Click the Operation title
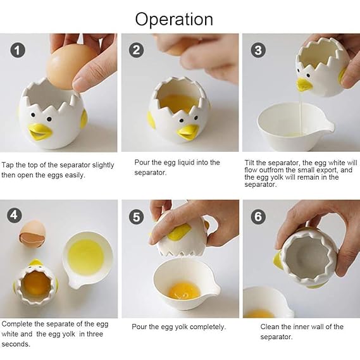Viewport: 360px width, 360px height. tap(174, 20)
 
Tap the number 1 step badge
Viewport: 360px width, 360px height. tap(18, 50)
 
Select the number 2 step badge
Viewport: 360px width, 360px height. tap(137, 50)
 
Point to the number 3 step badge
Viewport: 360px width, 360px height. tap(258, 50)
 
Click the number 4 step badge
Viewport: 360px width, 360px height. tap(14, 215)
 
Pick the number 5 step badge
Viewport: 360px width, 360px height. tap(137, 217)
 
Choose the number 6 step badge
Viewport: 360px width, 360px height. tap(258, 216)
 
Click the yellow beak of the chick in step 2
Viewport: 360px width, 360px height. tap(189, 132)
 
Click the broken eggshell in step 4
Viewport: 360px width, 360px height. tap(32, 233)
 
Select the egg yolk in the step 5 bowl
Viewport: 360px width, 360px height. tap(184, 291)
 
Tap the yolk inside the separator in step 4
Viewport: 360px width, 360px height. tap(37, 284)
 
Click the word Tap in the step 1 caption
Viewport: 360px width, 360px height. tap(8, 165)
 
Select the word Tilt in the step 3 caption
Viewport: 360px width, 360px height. tap(249, 163)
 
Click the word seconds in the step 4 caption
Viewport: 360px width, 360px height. tap(16, 344)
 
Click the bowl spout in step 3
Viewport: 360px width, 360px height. tap(329, 127)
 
